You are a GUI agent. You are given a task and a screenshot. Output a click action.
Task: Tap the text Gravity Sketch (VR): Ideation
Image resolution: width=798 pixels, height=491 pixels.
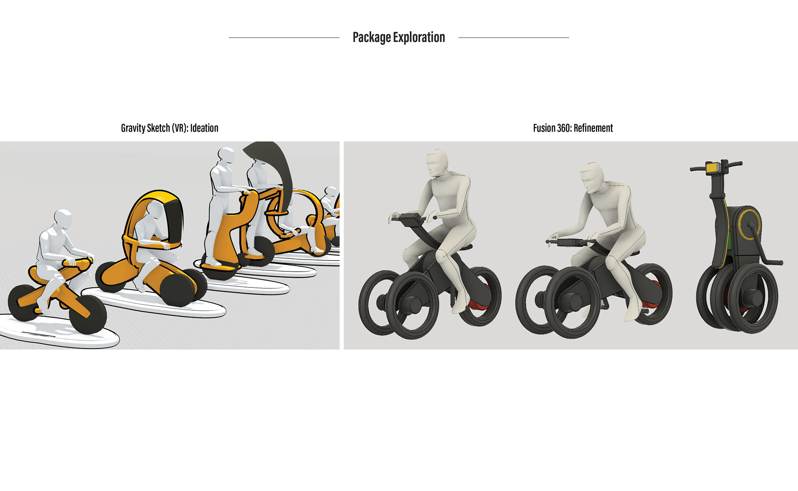click(170, 128)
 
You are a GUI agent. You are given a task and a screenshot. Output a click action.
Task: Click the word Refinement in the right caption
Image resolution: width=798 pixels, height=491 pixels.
click(593, 128)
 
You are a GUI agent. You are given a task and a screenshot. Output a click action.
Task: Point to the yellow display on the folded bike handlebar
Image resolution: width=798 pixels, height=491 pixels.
click(713, 168)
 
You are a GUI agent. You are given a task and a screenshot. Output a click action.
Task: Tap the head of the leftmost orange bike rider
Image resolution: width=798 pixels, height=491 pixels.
click(64, 219)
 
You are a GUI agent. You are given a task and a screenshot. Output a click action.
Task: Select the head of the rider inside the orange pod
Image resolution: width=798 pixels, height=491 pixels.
click(154, 211)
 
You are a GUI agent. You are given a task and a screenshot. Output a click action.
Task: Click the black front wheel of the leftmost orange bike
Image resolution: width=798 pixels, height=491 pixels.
click(88, 316)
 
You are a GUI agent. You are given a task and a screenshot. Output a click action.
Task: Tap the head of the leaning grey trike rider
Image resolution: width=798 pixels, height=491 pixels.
click(593, 176)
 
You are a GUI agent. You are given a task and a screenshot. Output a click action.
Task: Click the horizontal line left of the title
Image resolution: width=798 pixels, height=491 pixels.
click(284, 38)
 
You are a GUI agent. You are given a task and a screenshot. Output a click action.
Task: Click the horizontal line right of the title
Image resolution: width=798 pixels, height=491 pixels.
click(513, 38)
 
